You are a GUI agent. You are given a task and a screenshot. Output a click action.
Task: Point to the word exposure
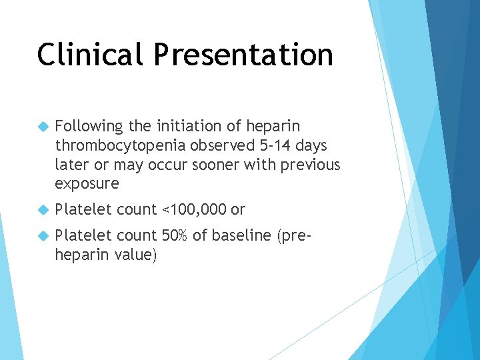pos(87,183)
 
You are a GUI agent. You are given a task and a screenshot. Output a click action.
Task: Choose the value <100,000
pos(193,210)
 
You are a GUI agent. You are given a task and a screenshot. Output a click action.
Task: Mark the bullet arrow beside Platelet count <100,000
pos(44,210)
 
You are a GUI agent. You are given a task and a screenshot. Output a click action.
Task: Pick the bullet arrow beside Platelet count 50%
pos(44,236)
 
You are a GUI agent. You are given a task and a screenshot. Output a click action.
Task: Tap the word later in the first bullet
pos(71,165)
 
